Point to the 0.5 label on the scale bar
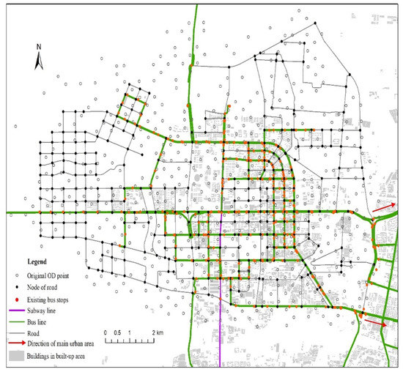point(117,333)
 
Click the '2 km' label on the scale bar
point(158,333)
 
